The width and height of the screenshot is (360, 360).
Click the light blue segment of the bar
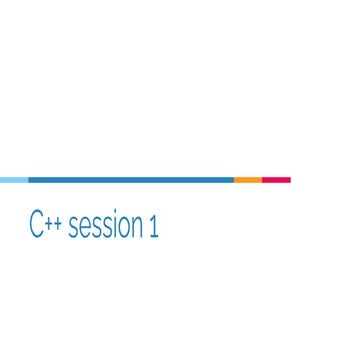(x=14, y=180)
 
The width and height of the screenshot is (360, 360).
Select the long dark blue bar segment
(x=131, y=180)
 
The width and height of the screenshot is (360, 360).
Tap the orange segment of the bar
(x=248, y=180)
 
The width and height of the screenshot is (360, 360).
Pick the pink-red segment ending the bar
(x=276, y=180)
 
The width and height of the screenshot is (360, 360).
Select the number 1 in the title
(x=154, y=227)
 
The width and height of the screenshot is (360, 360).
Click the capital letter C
(x=36, y=227)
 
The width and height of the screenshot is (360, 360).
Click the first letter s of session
(x=73, y=230)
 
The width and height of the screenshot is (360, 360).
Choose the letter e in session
(x=83, y=230)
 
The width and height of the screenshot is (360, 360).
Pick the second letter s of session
(x=94, y=230)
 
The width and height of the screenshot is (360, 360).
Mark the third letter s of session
(x=104, y=230)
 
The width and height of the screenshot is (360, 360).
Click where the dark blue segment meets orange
(x=234, y=180)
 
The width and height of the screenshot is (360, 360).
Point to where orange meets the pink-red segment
(x=262, y=180)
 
